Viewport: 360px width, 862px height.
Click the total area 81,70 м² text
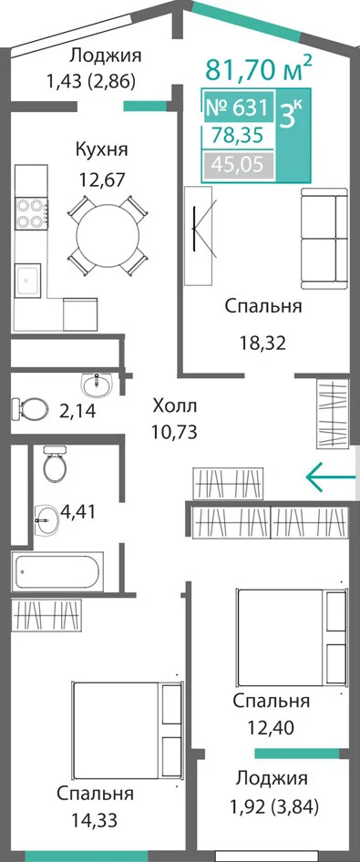[x=258, y=68]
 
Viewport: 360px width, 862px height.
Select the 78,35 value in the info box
[x=238, y=135]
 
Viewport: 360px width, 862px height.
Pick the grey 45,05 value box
[x=238, y=164]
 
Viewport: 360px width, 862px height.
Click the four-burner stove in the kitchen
[x=31, y=213]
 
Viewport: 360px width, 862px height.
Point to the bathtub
[x=57, y=572]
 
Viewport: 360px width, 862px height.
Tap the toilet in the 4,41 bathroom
[x=56, y=463]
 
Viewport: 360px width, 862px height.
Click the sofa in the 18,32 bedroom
[x=324, y=238]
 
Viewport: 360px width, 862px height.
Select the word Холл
[x=174, y=406]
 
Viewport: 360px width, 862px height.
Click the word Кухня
[x=102, y=149]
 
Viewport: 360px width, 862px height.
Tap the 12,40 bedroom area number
[x=272, y=728]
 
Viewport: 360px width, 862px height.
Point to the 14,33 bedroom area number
[x=94, y=821]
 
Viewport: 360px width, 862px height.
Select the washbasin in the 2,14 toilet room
[x=97, y=385]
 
